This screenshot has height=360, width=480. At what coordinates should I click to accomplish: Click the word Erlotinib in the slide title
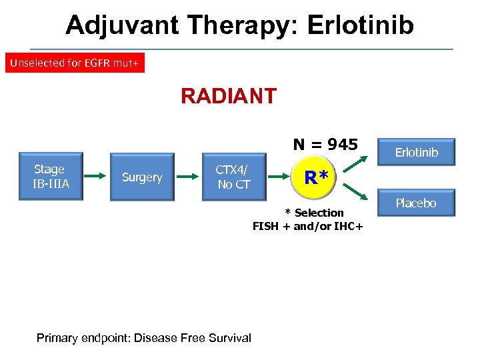click(360, 25)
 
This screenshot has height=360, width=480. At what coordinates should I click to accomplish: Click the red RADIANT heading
click(229, 97)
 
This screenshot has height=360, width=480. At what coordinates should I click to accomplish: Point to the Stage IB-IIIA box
click(51, 177)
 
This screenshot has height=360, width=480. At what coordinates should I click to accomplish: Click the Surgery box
click(142, 177)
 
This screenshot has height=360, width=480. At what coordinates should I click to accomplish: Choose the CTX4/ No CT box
click(233, 177)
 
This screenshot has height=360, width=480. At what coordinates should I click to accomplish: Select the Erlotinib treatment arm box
click(417, 153)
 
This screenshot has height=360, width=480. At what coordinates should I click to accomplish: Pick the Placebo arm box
click(416, 203)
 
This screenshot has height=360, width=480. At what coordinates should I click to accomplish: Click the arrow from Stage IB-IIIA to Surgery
click(95, 177)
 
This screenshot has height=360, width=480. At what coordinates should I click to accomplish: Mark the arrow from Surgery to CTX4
click(188, 177)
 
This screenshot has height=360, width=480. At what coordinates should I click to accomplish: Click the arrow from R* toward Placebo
click(354, 192)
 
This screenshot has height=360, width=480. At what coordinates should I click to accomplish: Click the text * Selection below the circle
click(315, 213)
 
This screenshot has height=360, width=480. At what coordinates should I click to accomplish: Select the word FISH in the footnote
click(265, 226)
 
